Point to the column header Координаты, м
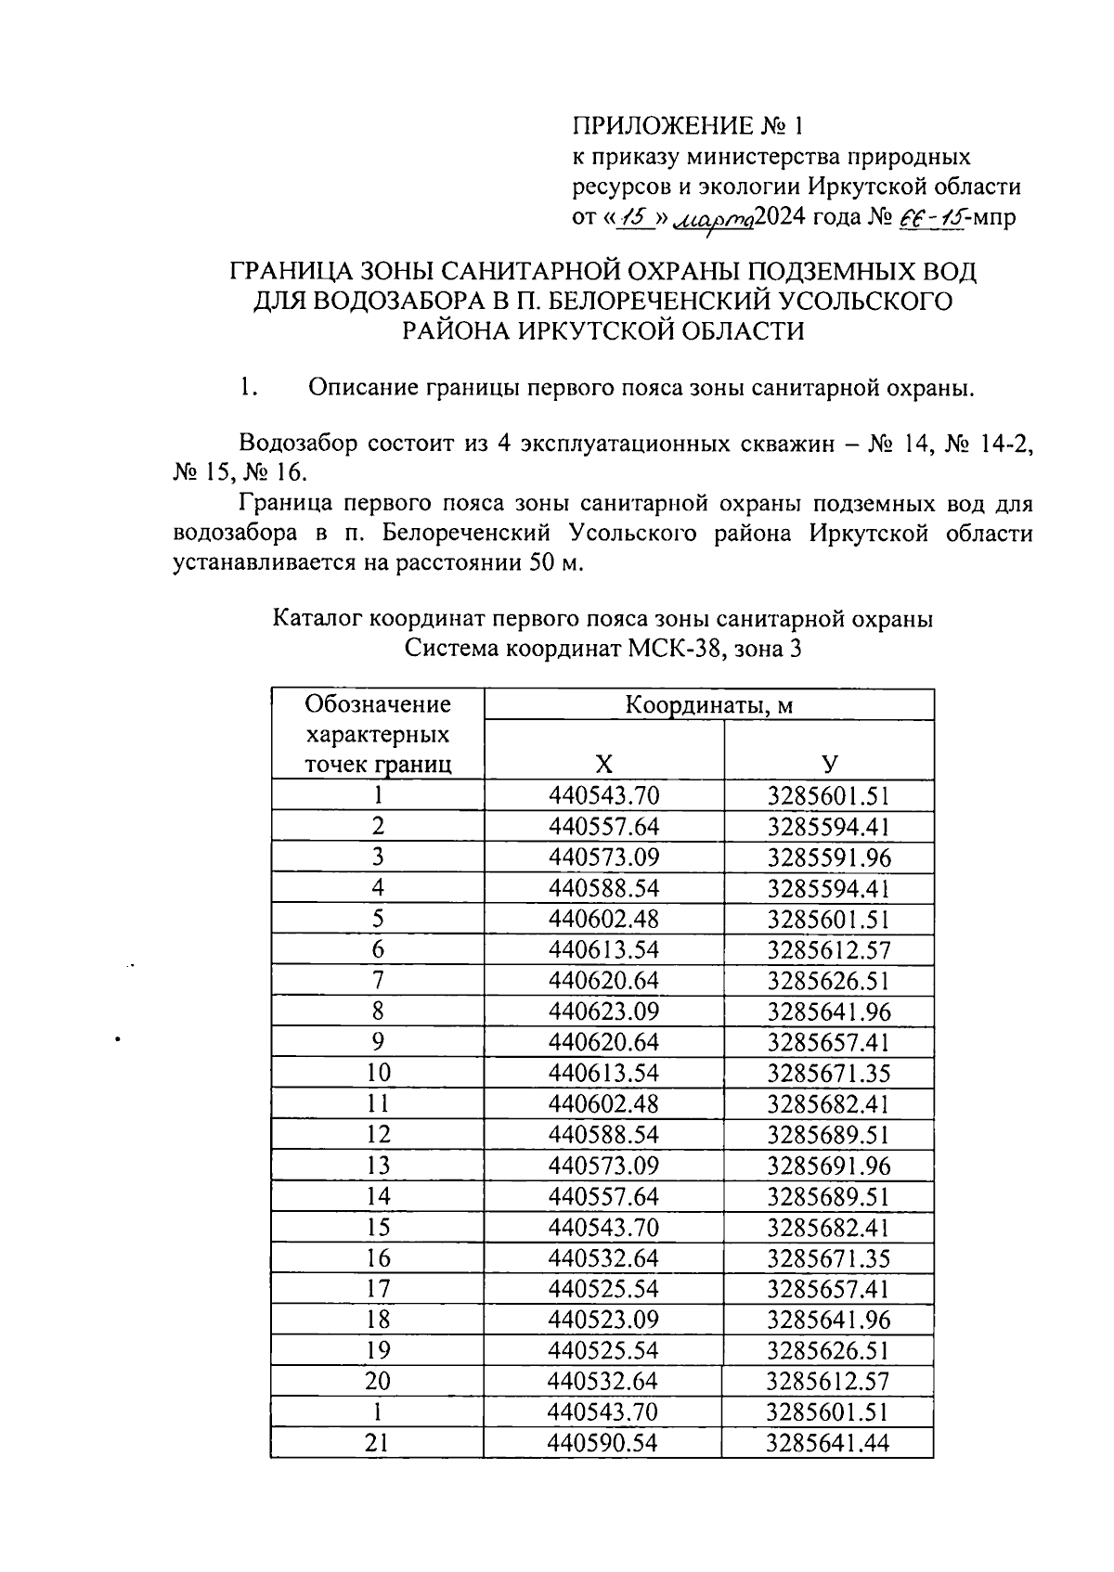click(708, 705)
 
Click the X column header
click(603, 764)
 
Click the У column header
click(828, 764)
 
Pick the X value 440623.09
click(603, 1011)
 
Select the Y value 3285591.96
click(828, 857)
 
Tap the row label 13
click(378, 1166)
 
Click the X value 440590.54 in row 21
click(603, 1443)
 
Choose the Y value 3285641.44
click(828, 1443)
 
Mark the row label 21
click(378, 1443)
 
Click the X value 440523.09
click(603, 1320)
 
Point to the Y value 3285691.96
click(828, 1166)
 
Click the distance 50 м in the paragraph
click(555, 563)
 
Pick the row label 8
click(378, 1011)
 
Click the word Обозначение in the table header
click(378, 704)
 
